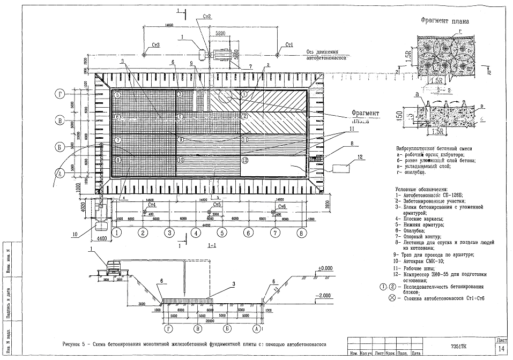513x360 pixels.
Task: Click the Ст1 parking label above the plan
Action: (x=289, y=44)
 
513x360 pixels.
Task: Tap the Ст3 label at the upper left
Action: (x=157, y=44)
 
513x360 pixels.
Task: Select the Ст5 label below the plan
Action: (x=217, y=205)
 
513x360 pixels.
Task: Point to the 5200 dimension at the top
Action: (x=220, y=33)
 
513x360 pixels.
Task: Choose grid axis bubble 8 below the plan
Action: (x=301, y=232)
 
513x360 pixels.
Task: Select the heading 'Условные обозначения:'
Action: (x=422, y=190)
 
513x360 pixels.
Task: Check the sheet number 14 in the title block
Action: (x=501, y=349)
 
